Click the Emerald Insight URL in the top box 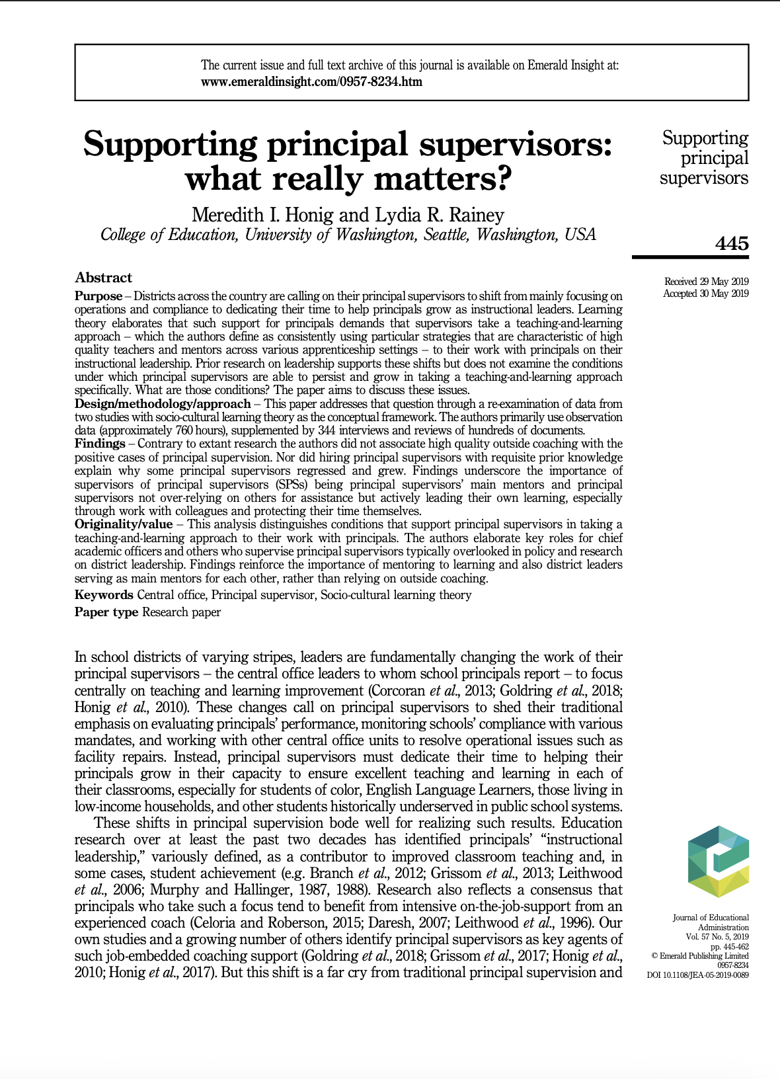click(x=311, y=82)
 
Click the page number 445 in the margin click(x=732, y=243)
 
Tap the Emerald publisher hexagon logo click(x=719, y=861)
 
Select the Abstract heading click(x=103, y=278)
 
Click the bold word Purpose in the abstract click(x=98, y=296)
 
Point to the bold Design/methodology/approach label click(x=163, y=404)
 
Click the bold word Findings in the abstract click(x=100, y=444)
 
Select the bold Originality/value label click(x=124, y=524)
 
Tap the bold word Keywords click(x=104, y=595)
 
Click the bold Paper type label click(x=106, y=612)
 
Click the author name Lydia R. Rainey click(x=440, y=215)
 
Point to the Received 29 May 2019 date click(x=706, y=282)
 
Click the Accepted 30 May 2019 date click(x=705, y=294)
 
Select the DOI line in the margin click(x=697, y=975)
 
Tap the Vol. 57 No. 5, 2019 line click(x=717, y=937)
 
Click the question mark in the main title click(x=504, y=179)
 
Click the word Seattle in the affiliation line click(x=446, y=235)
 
